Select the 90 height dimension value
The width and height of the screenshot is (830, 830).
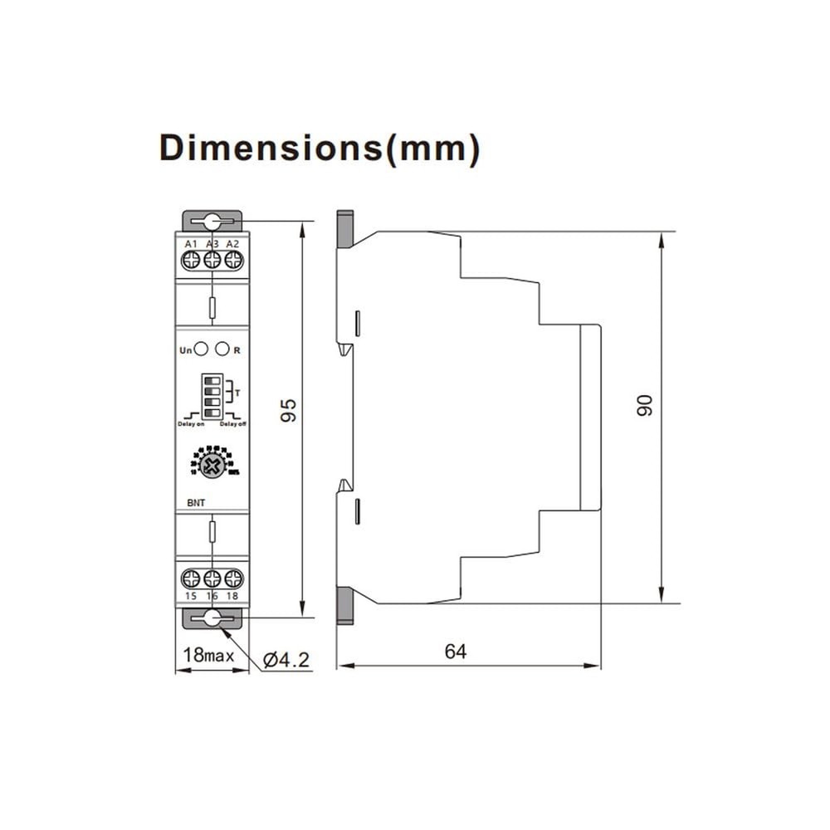[645, 405]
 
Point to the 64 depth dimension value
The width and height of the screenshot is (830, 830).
[456, 652]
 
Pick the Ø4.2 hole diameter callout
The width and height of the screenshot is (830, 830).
[286, 660]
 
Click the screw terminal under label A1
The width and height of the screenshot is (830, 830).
[191, 260]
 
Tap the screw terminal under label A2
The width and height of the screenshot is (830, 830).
[233, 260]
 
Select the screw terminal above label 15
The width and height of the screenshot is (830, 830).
[191, 579]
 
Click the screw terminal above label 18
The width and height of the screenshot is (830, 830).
[233, 579]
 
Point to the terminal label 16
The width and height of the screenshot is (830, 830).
[212, 597]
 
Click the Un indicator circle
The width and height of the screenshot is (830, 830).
[201, 349]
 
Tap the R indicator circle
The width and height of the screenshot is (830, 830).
[222, 349]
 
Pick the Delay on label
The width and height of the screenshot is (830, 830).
[190, 424]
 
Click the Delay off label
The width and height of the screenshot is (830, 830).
[233, 424]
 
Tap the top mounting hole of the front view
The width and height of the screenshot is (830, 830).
[212, 222]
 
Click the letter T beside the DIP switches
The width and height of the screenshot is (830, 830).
[238, 392]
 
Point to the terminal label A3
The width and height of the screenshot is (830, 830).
[212, 243]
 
